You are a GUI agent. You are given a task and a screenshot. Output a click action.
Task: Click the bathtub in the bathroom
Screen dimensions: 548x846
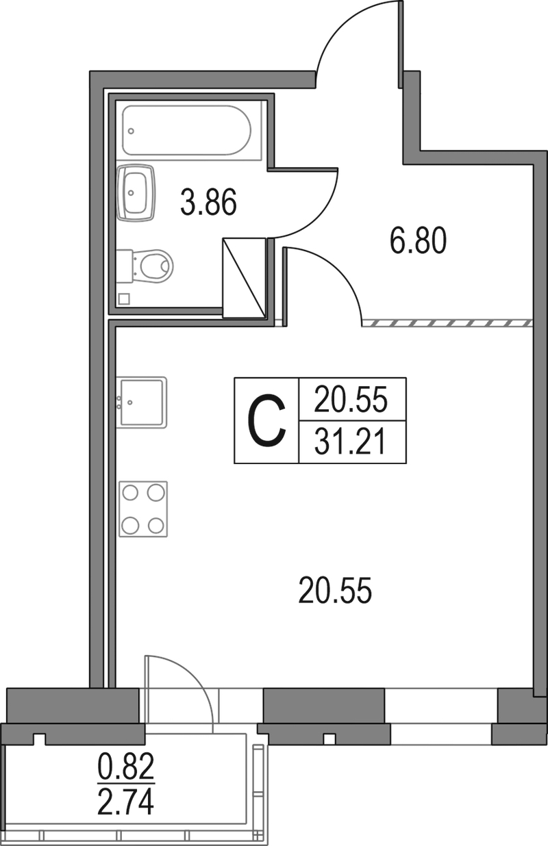point(187,130)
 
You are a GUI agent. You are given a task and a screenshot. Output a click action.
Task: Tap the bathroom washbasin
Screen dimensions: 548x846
point(136,192)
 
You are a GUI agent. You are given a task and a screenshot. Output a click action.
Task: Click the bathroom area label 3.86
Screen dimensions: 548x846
point(208,202)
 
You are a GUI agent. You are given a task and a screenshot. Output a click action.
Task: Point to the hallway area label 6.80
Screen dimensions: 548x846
point(418,240)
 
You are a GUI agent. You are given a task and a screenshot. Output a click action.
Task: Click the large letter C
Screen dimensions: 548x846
point(266,420)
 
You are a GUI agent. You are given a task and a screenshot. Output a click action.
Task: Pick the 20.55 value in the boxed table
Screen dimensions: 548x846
point(351,400)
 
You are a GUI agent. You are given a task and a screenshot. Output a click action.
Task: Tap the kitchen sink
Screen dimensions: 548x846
point(141,402)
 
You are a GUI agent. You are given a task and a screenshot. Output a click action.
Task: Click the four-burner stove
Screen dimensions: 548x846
point(143,509)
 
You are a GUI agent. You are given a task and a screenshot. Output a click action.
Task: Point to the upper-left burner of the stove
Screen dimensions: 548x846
point(131,493)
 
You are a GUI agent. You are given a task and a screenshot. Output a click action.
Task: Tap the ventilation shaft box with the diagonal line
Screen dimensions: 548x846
point(244,278)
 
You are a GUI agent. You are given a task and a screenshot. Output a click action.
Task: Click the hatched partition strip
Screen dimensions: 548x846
point(447,323)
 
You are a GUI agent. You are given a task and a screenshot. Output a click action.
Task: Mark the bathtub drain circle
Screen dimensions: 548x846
point(131,131)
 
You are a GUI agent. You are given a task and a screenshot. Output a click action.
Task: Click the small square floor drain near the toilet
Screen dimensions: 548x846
point(124,299)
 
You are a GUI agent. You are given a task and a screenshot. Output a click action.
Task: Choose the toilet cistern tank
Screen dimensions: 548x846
point(125,266)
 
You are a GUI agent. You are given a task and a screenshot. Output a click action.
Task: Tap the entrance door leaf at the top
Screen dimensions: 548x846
point(401,44)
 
